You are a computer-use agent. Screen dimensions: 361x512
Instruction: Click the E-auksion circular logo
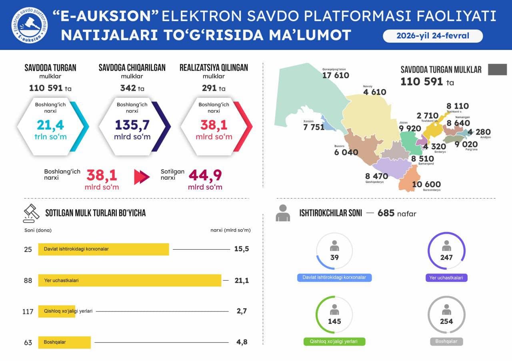pyautogui.click(x=29, y=25)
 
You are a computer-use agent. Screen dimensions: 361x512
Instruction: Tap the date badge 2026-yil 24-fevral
pyautogui.click(x=433, y=36)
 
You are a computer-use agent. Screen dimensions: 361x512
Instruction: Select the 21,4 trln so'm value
pyautogui.click(x=50, y=125)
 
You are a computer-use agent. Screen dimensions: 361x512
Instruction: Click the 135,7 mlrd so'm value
pyautogui.click(x=132, y=125)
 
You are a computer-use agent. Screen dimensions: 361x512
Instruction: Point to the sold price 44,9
pyautogui.click(x=205, y=175)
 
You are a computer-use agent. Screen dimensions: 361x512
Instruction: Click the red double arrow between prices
pyautogui.click(x=142, y=177)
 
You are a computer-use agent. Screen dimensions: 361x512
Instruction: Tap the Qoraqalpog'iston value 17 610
pyautogui.click(x=336, y=75)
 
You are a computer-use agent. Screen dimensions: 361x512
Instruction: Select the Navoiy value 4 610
pyautogui.click(x=374, y=92)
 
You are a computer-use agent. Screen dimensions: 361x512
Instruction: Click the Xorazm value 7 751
pyautogui.click(x=314, y=127)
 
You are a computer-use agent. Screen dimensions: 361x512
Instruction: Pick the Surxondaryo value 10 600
pyautogui.click(x=426, y=184)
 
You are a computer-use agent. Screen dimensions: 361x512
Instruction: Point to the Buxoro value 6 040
pyautogui.click(x=346, y=153)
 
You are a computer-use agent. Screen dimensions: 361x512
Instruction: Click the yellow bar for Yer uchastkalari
pyautogui.click(x=130, y=280)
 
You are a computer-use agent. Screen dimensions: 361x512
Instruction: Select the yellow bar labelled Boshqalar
pyautogui.click(x=64, y=342)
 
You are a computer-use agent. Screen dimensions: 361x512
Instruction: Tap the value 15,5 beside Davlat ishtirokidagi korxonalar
pyautogui.click(x=242, y=249)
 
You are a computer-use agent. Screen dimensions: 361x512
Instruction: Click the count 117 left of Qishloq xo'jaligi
pyautogui.click(x=28, y=311)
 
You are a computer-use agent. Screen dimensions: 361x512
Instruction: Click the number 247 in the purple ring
pyautogui.click(x=446, y=258)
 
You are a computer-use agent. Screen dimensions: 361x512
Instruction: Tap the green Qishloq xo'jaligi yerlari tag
pyautogui.click(x=334, y=342)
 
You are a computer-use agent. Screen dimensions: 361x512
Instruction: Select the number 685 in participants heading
pyautogui.click(x=386, y=213)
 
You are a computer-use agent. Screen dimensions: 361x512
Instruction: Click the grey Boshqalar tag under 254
pyautogui.click(x=446, y=342)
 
